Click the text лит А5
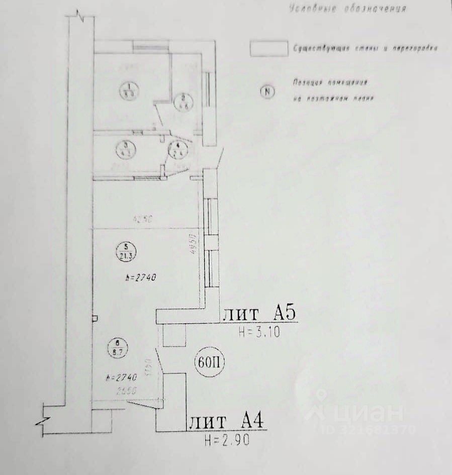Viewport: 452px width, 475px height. tap(260, 315)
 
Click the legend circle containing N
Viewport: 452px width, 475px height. tap(267, 91)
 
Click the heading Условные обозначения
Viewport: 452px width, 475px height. tap(347, 9)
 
